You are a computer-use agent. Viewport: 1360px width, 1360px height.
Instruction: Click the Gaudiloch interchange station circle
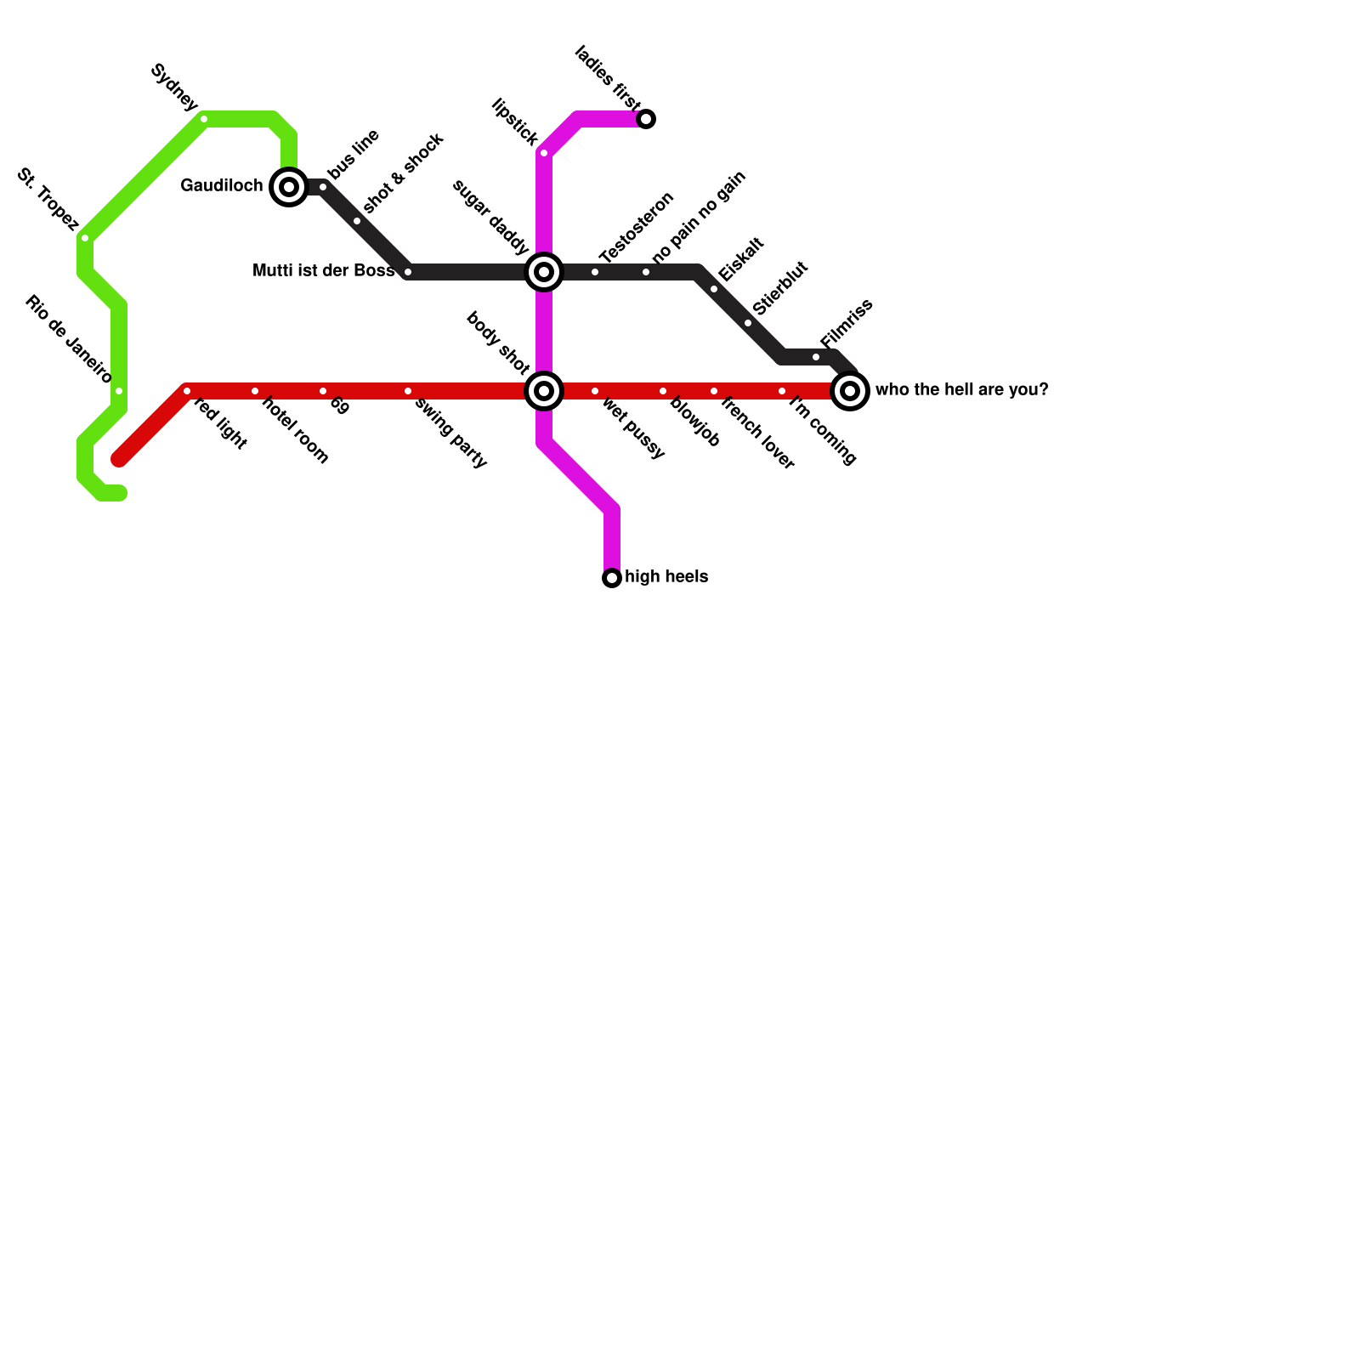click(x=289, y=187)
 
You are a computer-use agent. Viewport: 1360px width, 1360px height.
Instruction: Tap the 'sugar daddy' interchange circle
click(x=544, y=272)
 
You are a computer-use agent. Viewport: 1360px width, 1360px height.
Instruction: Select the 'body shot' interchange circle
click(x=544, y=391)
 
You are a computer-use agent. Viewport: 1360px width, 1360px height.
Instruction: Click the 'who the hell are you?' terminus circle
click(x=850, y=391)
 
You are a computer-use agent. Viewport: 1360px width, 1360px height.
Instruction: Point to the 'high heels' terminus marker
click(x=612, y=578)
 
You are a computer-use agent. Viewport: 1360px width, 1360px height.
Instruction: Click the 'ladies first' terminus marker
click(x=646, y=119)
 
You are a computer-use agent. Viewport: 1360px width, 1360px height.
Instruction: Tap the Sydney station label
click(x=174, y=88)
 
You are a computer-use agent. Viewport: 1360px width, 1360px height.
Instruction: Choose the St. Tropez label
click(x=48, y=201)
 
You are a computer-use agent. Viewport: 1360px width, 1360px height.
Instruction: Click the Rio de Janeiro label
click(x=68, y=339)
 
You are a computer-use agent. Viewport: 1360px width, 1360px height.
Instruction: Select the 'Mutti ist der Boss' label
click(x=324, y=271)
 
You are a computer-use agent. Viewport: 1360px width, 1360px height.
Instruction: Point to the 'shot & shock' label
click(x=403, y=173)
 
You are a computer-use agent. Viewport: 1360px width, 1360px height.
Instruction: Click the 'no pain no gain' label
click(x=700, y=217)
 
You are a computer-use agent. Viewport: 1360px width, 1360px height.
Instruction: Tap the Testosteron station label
click(x=636, y=228)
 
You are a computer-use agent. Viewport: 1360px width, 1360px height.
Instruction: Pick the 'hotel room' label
click(x=295, y=430)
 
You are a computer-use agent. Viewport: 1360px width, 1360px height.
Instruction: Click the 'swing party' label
click(x=450, y=433)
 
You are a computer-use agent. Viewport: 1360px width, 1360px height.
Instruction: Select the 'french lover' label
click(x=756, y=433)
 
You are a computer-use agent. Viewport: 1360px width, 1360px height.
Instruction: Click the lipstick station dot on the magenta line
click(x=544, y=153)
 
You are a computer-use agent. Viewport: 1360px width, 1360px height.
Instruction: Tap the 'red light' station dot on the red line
click(x=187, y=391)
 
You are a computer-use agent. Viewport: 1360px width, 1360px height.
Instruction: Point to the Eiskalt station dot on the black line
click(x=714, y=289)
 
